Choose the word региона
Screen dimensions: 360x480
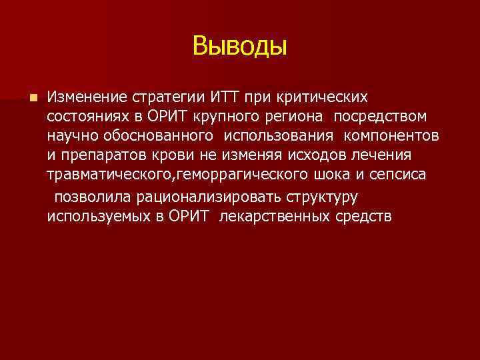(299, 117)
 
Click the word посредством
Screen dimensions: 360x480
(381, 117)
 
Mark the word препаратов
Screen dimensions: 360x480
(97, 156)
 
